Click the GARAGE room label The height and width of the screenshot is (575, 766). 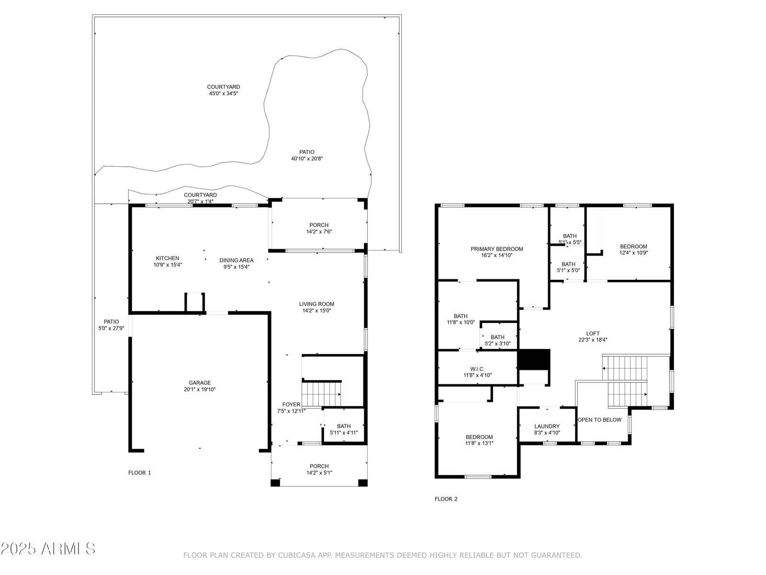pos(200,383)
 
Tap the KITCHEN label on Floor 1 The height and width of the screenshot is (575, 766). pos(168,258)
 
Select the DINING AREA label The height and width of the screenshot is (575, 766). pos(236,260)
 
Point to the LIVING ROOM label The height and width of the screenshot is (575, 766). pos(316,304)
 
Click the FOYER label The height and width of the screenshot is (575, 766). pos(292,404)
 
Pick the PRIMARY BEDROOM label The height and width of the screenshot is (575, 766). pos(496,249)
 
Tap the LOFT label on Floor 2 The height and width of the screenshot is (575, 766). pos(593,333)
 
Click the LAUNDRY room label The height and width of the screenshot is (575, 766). pos(547,426)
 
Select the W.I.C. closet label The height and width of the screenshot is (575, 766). pos(477,369)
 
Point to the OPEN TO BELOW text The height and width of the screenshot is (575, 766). pos(599,420)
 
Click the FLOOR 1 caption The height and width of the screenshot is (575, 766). pos(140,473)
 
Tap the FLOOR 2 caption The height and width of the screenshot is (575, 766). pos(446,499)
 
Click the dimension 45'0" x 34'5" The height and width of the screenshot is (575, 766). pos(224,93)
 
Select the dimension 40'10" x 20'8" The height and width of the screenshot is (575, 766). pos(307,159)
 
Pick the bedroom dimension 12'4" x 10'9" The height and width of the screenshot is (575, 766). pos(633,253)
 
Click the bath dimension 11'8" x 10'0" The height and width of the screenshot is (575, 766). pos(461,322)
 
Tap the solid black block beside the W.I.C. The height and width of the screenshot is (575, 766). pos(534,359)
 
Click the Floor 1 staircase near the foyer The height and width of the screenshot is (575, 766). pos(321,394)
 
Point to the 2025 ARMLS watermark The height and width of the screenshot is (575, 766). pos(48,549)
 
